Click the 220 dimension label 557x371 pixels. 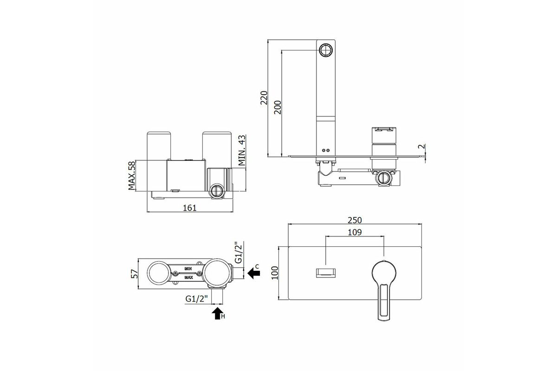264,98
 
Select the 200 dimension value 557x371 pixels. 278,107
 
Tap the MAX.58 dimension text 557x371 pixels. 131,175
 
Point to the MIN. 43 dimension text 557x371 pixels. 242,150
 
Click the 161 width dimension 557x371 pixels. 190,208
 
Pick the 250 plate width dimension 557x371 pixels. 355,220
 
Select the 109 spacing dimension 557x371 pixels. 355,232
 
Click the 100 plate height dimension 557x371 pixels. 275,273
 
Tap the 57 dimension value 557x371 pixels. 135,274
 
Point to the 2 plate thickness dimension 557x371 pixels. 423,147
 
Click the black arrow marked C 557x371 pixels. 253,273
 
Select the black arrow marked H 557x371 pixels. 218,313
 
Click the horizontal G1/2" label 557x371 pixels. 196,299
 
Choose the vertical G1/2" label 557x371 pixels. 238,252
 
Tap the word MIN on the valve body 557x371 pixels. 188,269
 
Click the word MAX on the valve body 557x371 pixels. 188,277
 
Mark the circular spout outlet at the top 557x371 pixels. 326,50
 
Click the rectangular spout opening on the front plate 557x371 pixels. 326,273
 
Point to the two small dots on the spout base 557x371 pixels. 325,150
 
